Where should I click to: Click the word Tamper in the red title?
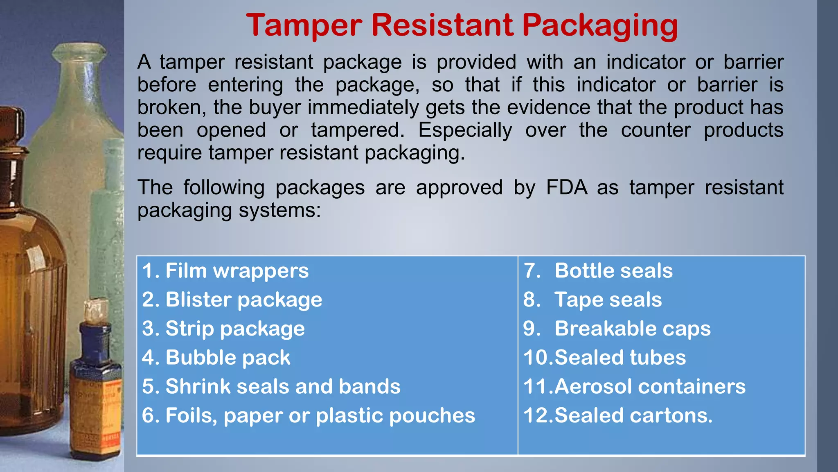point(304,25)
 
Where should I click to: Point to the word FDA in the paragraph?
point(566,188)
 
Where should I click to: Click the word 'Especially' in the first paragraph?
point(465,130)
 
